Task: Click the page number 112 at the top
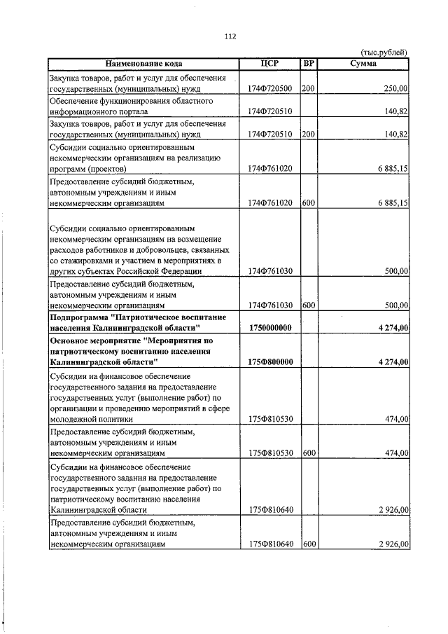click(x=230, y=37)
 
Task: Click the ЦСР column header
click(x=269, y=64)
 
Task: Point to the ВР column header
click(x=308, y=64)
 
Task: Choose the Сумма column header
click(x=363, y=64)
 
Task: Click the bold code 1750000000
click(x=270, y=328)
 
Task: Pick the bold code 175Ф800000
click(x=270, y=361)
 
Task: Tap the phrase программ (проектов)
click(x=88, y=169)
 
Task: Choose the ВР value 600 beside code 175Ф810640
click(x=308, y=544)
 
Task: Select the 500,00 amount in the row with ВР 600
click(x=396, y=305)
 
